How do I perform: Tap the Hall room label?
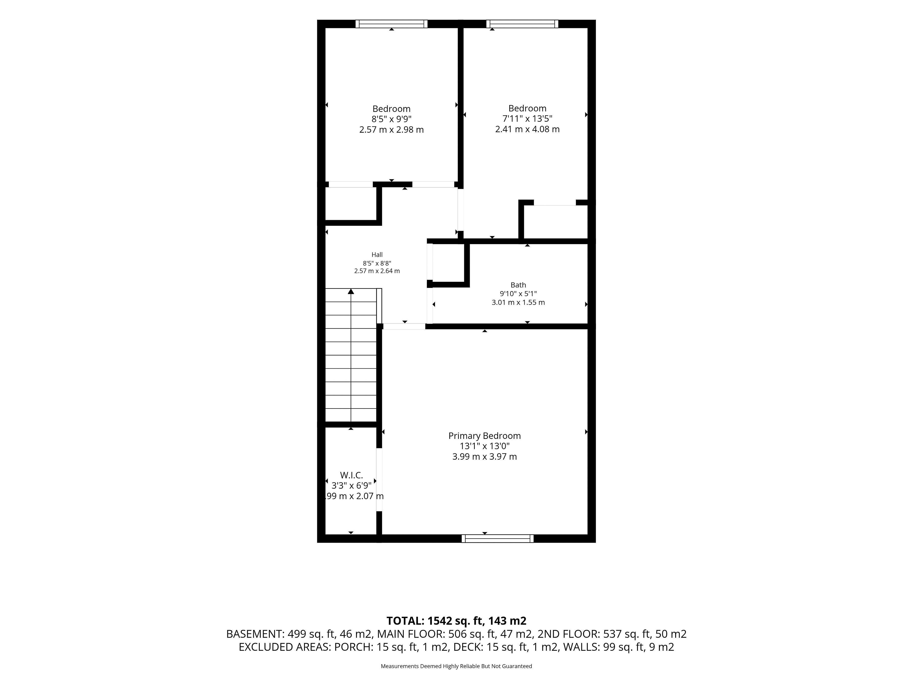[377, 255]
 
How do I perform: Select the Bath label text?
[518, 285]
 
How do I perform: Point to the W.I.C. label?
[351, 475]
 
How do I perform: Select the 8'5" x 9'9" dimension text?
[391, 119]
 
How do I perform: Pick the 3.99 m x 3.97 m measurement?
[485, 457]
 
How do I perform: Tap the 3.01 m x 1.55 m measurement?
[518, 302]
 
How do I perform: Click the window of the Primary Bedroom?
[497, 538]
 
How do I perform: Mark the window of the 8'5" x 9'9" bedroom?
[391, 24]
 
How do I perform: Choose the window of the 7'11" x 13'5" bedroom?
[522, 24]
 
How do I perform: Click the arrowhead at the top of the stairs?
[351, 291]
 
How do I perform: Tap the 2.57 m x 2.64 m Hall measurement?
[377, 271]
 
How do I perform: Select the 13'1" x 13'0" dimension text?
[485, 446]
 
